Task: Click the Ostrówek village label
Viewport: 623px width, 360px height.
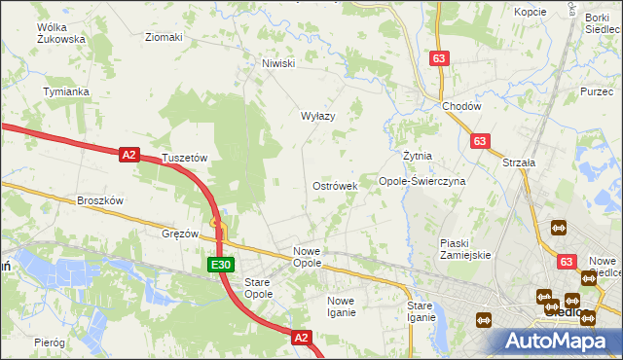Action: click(x=335, y=185)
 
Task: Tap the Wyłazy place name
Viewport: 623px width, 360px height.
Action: click(x=317, y=116)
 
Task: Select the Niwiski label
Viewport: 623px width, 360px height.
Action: click(x=277, y=64)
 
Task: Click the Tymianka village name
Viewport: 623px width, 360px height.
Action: click(x=66, y=91)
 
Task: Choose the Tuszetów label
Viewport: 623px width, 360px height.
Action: click(x=185, y=157)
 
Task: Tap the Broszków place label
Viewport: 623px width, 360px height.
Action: click(x=100, y=200)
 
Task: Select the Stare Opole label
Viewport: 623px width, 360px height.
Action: click(x=257, y=287)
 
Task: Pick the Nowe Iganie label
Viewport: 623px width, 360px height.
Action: click(x=348, y=306)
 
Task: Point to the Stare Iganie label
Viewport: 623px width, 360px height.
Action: click(x=421, y=311)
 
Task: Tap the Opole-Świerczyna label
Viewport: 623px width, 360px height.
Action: click(x=422, y=181)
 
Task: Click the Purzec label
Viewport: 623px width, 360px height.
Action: click(x=596, y=90)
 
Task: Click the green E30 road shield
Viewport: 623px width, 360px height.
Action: click(x=220, y=264)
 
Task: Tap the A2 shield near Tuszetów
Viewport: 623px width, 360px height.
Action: click(x=130, y=154)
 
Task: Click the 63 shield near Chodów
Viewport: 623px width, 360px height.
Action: click(x=439, y=59)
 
